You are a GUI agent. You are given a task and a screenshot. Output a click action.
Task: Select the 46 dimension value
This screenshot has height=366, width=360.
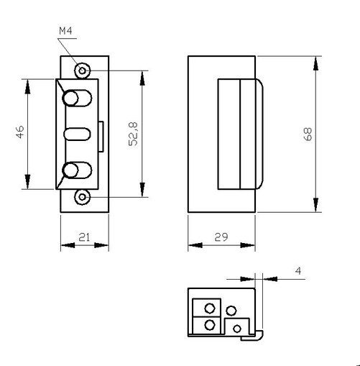point(20,132)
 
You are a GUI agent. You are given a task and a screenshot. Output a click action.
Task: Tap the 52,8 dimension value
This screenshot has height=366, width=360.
point(133,134)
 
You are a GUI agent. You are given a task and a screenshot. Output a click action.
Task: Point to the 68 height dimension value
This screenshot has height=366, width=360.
point(308,134)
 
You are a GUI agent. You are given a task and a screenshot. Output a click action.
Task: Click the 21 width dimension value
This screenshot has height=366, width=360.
point(83,237)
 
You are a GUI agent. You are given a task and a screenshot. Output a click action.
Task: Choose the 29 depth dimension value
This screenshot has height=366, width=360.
point(221,237)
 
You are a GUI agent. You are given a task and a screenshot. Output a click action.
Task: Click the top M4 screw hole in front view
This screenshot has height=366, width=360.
point(83,70)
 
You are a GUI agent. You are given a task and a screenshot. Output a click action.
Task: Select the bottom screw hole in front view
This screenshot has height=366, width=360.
point(83,197)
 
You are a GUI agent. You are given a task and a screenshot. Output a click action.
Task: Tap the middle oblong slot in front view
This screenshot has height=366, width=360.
point(76,134)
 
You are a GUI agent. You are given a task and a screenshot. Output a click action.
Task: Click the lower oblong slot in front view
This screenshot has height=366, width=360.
point(76,171)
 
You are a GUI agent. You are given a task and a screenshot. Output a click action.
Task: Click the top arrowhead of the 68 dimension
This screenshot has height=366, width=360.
point(315,62)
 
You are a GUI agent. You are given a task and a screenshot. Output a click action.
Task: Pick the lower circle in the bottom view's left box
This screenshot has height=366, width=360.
point(209,325)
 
